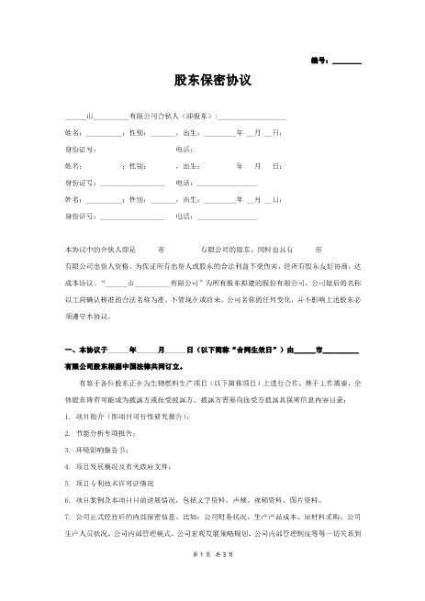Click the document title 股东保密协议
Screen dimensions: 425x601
[x=212, y=80]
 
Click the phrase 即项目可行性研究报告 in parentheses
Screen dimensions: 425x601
[x=152, y=416]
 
